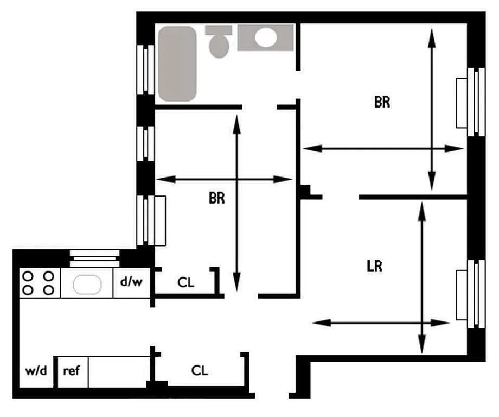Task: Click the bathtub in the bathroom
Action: coord(177,64)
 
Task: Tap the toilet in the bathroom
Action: coord(219,42)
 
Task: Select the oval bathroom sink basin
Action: coord(266,38)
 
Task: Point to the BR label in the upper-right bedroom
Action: coord(382,102)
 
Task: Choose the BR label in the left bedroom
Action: coord(217,198)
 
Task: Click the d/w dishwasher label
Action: coord(131,282)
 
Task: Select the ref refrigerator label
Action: coord(72,371)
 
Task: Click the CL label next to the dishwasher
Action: coord(185,282)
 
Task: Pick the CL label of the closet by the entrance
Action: coord(200,371)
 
